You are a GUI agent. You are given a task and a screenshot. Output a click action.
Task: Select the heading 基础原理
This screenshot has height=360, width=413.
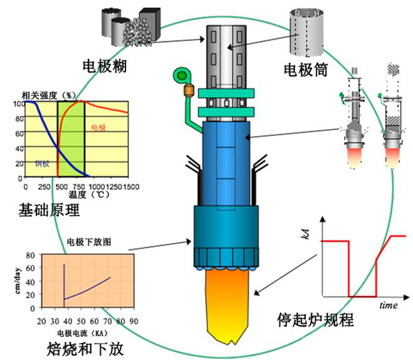point(50,210)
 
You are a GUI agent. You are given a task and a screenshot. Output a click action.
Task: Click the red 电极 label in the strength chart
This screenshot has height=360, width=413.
point(99,128)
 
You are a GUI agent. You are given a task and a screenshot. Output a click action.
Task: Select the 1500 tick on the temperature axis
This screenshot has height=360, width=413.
point(130,187)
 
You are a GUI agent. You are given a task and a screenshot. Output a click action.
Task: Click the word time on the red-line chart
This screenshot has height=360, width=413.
point(389,305)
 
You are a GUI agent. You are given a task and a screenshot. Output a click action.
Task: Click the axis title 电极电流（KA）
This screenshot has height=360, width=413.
point(81,331)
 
